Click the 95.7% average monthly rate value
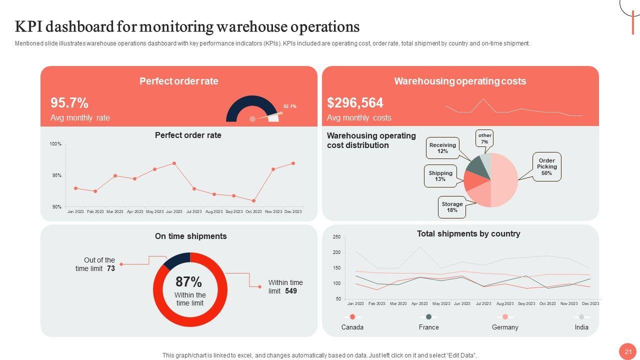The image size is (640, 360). (x=69, y=103)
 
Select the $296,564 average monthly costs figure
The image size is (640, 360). (x=355, y=103)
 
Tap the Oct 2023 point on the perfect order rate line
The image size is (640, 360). (x=254, y=201)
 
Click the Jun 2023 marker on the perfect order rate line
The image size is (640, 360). (x=174, y=163)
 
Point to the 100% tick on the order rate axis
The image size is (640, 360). (x=55, y=144)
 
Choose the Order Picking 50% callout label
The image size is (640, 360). (x=546, y=166)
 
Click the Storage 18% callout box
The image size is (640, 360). (x=452, y=207)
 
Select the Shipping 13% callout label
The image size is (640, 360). (x=440, y=176)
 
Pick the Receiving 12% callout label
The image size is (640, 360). (x=442, y=148)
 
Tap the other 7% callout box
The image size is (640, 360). (x=484, y=138)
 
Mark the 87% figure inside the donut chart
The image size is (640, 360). (x=188, y=282)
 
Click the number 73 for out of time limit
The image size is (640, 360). (x=111, y=268)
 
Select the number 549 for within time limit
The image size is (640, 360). (x=291, y=290)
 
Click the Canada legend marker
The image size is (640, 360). (x=352, y=317)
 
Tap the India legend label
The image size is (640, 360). (x=581, y=327)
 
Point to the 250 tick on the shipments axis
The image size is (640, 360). (x=336, y=237)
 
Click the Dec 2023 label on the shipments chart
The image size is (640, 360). (x=590, y=303)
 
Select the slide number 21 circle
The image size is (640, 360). (x=628, y=351)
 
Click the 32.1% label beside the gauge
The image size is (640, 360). (x=290, y=106)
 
